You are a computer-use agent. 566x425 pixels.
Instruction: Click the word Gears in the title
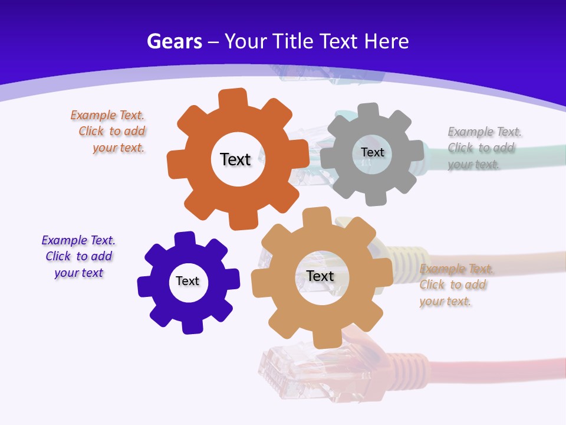(x=174, y=41)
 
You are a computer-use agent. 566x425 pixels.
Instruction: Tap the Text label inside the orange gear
(x=235, y=159)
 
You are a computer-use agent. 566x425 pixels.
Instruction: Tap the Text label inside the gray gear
(x=372, y=152)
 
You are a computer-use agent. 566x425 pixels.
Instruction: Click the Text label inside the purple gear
(x=187, y=281)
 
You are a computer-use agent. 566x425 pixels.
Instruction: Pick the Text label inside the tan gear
(x=320, y=276)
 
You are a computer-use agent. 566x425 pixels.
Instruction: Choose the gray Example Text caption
(x=483, y=148)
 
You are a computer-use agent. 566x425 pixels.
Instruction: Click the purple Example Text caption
(x=78, y=257)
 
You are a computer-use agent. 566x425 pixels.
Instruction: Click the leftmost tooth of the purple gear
(x=143, y=287)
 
